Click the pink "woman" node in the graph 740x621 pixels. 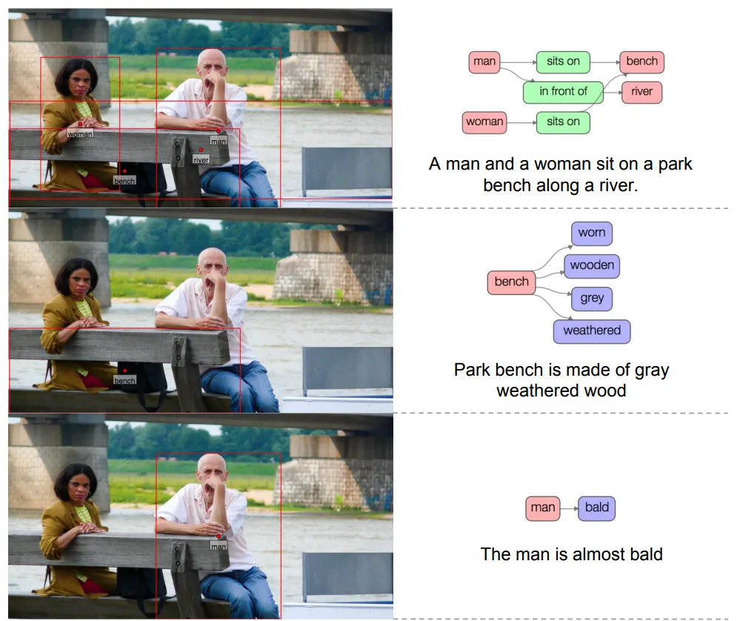coord(484,122)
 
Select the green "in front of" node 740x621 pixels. coord(563,92)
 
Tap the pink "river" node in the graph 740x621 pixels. coord(641,92)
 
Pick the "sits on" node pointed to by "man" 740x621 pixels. coord(563,62)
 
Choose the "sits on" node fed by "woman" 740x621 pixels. coord(563,122)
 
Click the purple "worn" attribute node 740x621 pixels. coord(592,233)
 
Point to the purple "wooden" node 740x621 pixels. coord(592,265)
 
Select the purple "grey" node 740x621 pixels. coord(592,299)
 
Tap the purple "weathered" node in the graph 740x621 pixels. coord(592,331)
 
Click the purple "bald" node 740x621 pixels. coord(596,508)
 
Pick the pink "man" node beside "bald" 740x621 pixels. coord(543,508)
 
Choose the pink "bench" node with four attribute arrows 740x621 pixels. coord(512,282)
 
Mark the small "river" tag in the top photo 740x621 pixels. coord(201,159)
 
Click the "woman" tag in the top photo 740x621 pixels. coord(80,134)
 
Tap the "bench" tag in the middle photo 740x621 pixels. coord(124,380)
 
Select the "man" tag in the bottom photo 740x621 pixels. coord(219,546)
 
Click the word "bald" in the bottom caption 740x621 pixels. coord(646,554)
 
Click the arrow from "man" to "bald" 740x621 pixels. coord(569,508)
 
